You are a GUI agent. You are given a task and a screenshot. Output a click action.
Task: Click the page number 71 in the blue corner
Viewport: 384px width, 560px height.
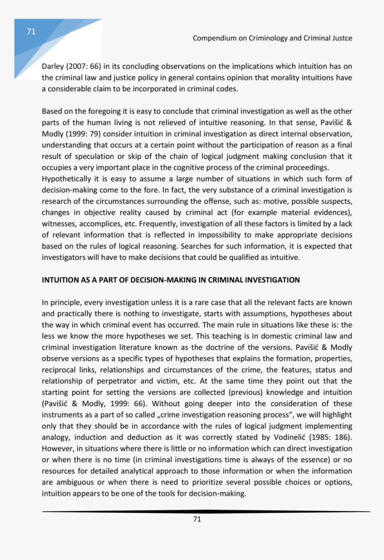click(31, 31)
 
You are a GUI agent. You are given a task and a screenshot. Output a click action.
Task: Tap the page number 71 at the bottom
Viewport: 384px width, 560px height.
click(197, 519)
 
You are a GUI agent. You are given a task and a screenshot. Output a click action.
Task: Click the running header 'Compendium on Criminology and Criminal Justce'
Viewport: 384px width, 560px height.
click(272, 38)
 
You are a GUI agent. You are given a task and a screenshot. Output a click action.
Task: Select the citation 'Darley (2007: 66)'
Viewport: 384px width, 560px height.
click(71, 66)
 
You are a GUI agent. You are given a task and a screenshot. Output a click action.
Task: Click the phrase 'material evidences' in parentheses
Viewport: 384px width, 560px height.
click(318, 213)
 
